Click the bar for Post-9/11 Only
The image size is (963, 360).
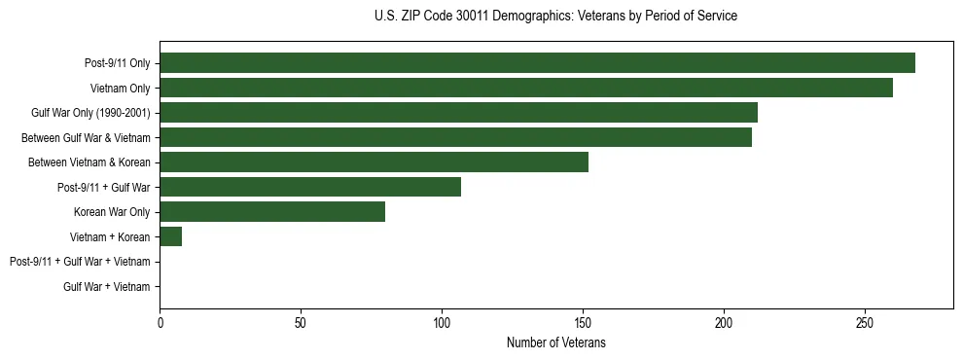pyautogui.click(x=537, y=62)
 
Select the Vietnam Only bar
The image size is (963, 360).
pyautogui.click(x=526, y=88)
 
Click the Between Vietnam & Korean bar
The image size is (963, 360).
pyautogui.click(x=374, y=162)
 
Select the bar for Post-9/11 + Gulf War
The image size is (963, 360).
pyautogui.click(x=310, y=187)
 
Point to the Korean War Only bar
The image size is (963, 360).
pyautogui.click(x=272, y=211)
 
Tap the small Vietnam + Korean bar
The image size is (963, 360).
pyautogui.click(x=170, y=236)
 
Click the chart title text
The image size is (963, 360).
pyautogui.click(x=555, y=17)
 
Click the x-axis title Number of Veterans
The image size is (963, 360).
pyautogui.click(x=555, y=342)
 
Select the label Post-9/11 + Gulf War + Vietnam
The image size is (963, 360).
pyautogui.click(x=80, y=262)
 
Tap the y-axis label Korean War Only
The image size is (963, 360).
pyautogui.click(x=112, y=211)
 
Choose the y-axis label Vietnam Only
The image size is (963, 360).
pyautogui.click(x=120, y=88)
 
